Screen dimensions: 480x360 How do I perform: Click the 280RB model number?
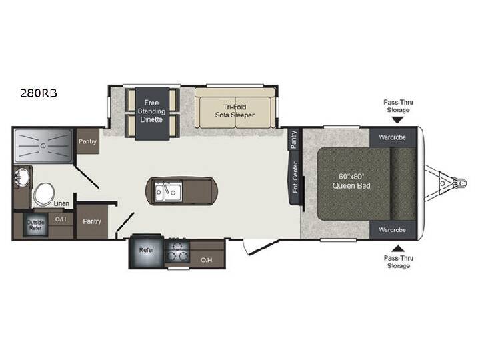pos(39,93)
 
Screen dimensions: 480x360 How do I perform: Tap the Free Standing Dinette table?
pos(152,113)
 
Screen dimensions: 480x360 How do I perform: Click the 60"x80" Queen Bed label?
pos(351,181)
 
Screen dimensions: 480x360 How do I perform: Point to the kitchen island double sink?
pos(168,191)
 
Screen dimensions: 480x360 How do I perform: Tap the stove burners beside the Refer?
pos(177,251)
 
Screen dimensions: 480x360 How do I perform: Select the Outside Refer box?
pos(35,225)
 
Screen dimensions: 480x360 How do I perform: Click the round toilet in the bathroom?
pos(45,194)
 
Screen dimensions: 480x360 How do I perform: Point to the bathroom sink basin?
pos(21,177)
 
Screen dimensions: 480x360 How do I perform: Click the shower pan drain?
pos(43,146)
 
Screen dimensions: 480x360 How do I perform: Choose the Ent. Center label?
pos(295,177)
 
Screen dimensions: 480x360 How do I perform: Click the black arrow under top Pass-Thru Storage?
pos(397,120)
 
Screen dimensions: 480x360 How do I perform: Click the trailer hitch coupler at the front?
pos(461,183)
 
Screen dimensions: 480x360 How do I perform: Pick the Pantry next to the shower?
pos(87,141)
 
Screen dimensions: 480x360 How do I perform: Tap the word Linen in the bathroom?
pos(61,203)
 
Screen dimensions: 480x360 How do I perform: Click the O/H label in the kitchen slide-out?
pos(206,260)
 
